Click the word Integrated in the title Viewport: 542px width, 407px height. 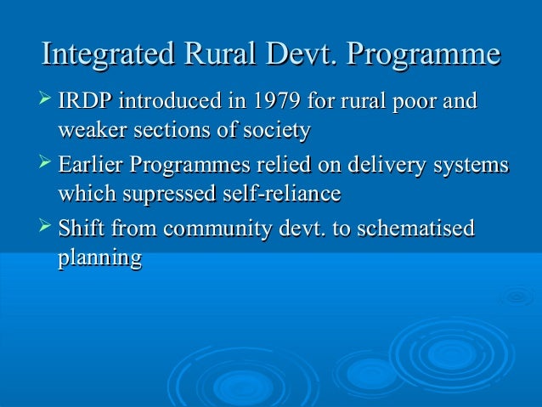[104, 55]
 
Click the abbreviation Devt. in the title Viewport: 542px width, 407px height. [293, 55]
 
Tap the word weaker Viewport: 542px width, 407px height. [89, 132]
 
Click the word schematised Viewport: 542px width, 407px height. [411, 229]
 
